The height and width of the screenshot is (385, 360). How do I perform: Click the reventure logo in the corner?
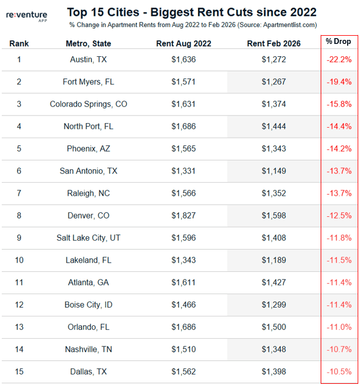tap(29, 14)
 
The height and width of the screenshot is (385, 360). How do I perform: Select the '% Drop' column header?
tap(339, 43)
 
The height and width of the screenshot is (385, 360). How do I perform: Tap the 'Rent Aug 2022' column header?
tap(184, 43)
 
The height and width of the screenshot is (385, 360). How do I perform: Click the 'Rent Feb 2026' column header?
tap(274, 43)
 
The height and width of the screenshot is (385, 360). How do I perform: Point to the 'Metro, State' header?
tap(89, 43)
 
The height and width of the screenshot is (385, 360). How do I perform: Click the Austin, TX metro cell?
tap(89, 60)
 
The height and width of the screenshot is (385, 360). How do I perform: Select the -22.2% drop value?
tap(339, 60)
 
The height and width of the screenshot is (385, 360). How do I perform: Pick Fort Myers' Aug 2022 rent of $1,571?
tap(184, 82)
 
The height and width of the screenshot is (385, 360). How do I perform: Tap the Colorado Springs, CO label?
tap(89, 104)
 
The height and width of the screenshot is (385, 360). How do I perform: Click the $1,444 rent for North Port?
tap(274, 127)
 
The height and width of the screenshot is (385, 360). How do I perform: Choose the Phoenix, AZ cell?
tap(89, 149)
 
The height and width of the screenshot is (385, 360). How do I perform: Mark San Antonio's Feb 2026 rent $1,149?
tap(274, 171)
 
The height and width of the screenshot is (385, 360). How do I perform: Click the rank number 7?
tap(19, 193)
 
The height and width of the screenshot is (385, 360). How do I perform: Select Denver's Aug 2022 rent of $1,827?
tap(184, 216)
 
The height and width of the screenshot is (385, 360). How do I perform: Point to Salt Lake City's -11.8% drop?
tap(339, 238)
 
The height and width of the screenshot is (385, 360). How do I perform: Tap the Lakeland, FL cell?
tap(89, 260)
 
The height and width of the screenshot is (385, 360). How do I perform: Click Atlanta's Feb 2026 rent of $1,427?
tap(274, 282)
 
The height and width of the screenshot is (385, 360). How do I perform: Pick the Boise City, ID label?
tap(89, 305)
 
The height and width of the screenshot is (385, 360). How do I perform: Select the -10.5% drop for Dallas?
tap(339, 372)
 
